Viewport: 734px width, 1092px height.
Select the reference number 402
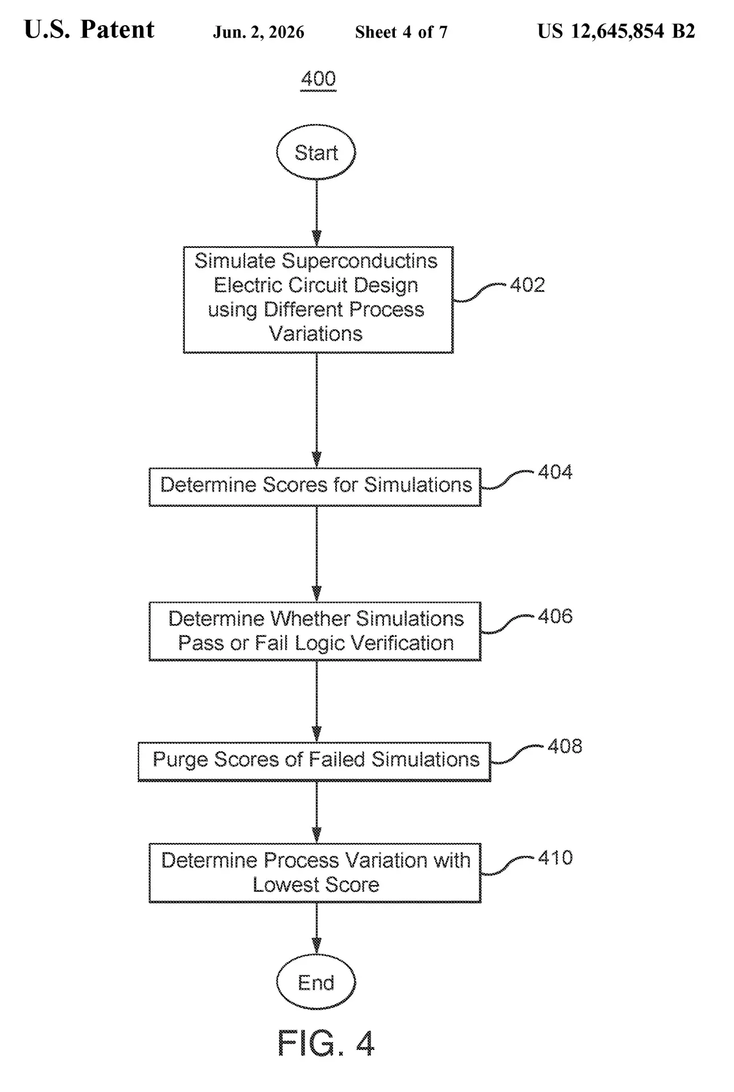coord(527,284)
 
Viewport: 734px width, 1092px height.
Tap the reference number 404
coord(555,471)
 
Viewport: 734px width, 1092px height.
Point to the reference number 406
coord(555,616)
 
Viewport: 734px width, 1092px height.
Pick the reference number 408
coord(565,746)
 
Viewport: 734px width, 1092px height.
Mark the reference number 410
coord(555,857)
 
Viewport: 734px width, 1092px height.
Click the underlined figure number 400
coord(319,78)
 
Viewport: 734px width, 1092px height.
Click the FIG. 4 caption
coord(326,1043)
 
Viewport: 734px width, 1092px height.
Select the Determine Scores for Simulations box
coord(315,487)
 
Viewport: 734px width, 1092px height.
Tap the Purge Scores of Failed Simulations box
coord(315,762)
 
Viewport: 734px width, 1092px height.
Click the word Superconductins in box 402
coord(360,260)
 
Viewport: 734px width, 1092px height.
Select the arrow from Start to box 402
coord(316,213)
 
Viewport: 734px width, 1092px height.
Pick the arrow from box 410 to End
coord(316,928)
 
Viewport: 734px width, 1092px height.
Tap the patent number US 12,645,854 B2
coord(616,31)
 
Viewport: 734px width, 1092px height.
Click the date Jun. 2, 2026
coord(259,32)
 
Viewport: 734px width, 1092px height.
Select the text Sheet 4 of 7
coord(401,32)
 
